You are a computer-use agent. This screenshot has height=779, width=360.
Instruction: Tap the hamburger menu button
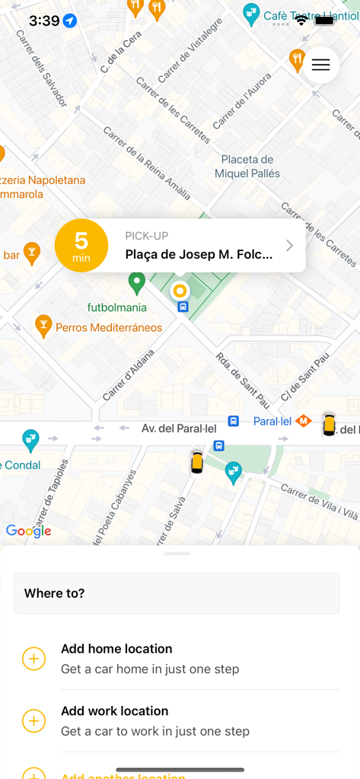tap(320, 65)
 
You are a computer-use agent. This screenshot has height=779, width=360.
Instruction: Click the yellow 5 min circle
tap(81, 245)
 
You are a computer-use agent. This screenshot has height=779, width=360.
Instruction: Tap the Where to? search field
tap(177, 593)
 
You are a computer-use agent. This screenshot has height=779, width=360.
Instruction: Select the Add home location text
tap(116, 649)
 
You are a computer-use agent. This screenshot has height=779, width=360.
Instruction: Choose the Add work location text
tap(115, 711)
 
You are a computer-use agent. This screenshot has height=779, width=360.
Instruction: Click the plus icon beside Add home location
tap(34, 659)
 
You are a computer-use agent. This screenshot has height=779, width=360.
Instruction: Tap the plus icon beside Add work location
tap(34, 721)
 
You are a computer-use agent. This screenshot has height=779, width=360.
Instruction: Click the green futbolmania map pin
tap(137, 283)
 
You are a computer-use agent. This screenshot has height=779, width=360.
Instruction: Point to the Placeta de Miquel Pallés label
tap(247, 167)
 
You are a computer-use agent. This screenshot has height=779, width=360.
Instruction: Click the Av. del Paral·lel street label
tap(179, 429)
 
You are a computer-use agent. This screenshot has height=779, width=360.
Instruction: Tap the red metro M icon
tap(304, 420)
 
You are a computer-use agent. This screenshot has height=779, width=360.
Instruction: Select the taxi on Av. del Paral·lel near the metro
tap(329, 424)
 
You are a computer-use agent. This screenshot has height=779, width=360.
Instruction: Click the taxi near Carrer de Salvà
tap(196, 462)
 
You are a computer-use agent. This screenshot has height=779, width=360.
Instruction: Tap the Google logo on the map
tap(29, 531)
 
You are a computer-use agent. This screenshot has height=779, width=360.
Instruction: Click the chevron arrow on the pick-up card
tap(289, 245)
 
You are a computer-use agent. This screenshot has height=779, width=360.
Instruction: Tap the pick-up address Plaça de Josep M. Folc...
tap(199, 255)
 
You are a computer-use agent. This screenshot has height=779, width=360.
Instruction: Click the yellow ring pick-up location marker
tap(180, 290)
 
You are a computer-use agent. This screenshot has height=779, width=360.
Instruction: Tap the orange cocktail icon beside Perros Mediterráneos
tap(43, 326)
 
